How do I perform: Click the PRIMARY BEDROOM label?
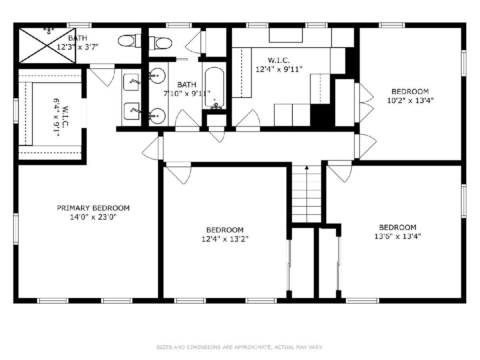[x=93, y=208]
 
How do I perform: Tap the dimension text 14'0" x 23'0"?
[x=93, y=217]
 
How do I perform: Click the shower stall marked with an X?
[x=47, y=46]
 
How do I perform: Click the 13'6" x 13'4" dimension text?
[x=398, y=236]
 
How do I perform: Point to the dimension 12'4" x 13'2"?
[x=225, y=239]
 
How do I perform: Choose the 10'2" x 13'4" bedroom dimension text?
[x=410, y=100]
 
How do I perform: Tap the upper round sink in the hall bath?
[x=158, y=76]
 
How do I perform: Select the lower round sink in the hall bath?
[x=158, y=116]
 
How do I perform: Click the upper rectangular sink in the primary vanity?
[x=131, y=82]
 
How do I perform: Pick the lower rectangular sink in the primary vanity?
[x=132, y=111]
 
